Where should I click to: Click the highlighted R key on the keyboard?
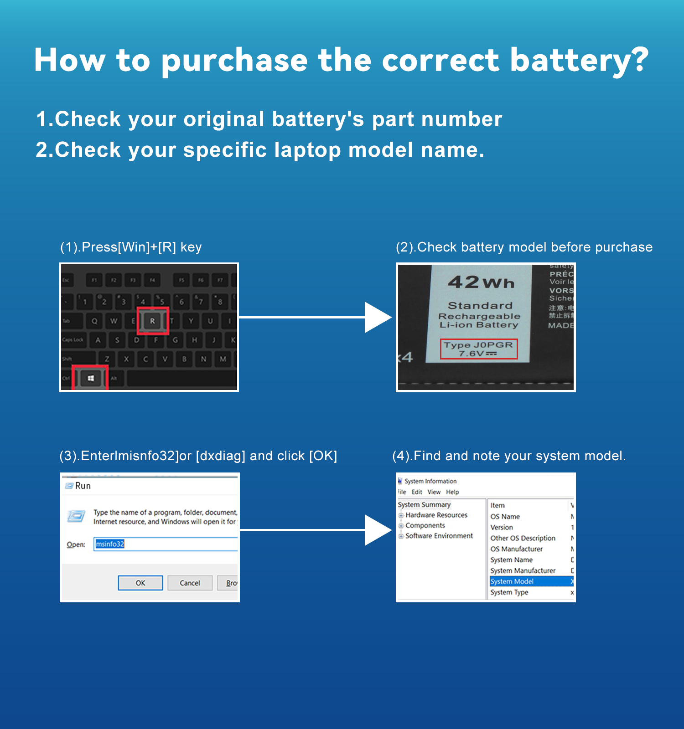pos(153,321)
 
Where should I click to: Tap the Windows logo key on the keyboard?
pos(90,378)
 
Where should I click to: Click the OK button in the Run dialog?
pos(140,583)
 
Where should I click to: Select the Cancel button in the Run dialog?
pos(190,583)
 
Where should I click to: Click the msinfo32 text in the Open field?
pos(110,544)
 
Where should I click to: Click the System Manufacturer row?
pos(523,570)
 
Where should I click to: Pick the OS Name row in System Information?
pos(505,517)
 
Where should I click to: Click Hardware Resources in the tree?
pos(436,515)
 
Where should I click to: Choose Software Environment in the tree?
pos(439,536)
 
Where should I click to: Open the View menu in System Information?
pos(434,492)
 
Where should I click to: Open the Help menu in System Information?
pos(452,492)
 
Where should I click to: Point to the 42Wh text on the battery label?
pos(481,282)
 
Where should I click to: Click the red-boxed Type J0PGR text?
pos(478,345)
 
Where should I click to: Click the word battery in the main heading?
pos(578,61)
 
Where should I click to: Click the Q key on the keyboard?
pos(94,321)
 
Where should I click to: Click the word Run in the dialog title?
pos(83,486)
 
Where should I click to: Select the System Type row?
pos(509,592)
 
